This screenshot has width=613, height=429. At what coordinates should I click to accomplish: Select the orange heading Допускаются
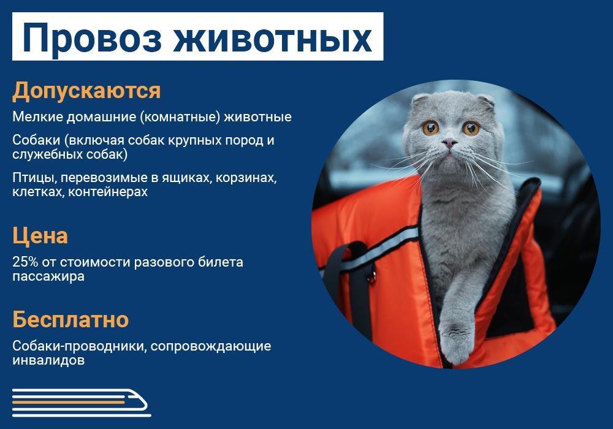(86, 91)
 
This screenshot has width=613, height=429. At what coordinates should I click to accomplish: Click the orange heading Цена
(40, 236)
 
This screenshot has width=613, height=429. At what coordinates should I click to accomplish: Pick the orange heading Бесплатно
(70, 319)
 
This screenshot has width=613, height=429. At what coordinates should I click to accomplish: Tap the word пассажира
(48, 276)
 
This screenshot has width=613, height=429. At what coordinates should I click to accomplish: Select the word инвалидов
(48, 360)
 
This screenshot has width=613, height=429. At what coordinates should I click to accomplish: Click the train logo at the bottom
(80, 402)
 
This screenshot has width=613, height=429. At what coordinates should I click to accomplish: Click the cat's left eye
(430, 127)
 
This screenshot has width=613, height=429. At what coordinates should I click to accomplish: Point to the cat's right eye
(470, 128)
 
